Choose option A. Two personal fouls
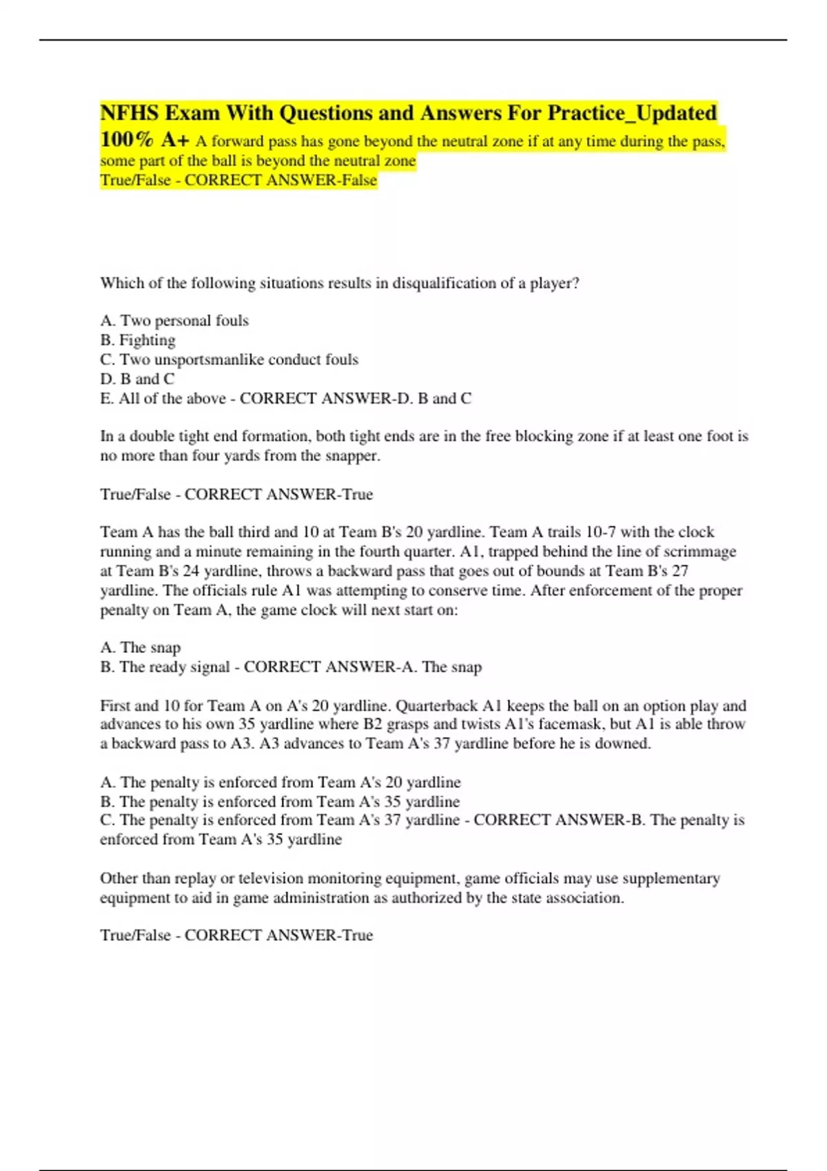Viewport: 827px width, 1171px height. click(174, 320)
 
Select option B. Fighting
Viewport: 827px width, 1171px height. click(138, 340)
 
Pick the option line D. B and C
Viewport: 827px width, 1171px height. click(137, 379)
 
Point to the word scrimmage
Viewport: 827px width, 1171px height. click(700, 551)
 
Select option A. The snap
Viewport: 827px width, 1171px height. click(141, 647)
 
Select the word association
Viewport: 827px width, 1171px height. click(584, 898)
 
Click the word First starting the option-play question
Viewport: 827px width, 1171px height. click(115, 705)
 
